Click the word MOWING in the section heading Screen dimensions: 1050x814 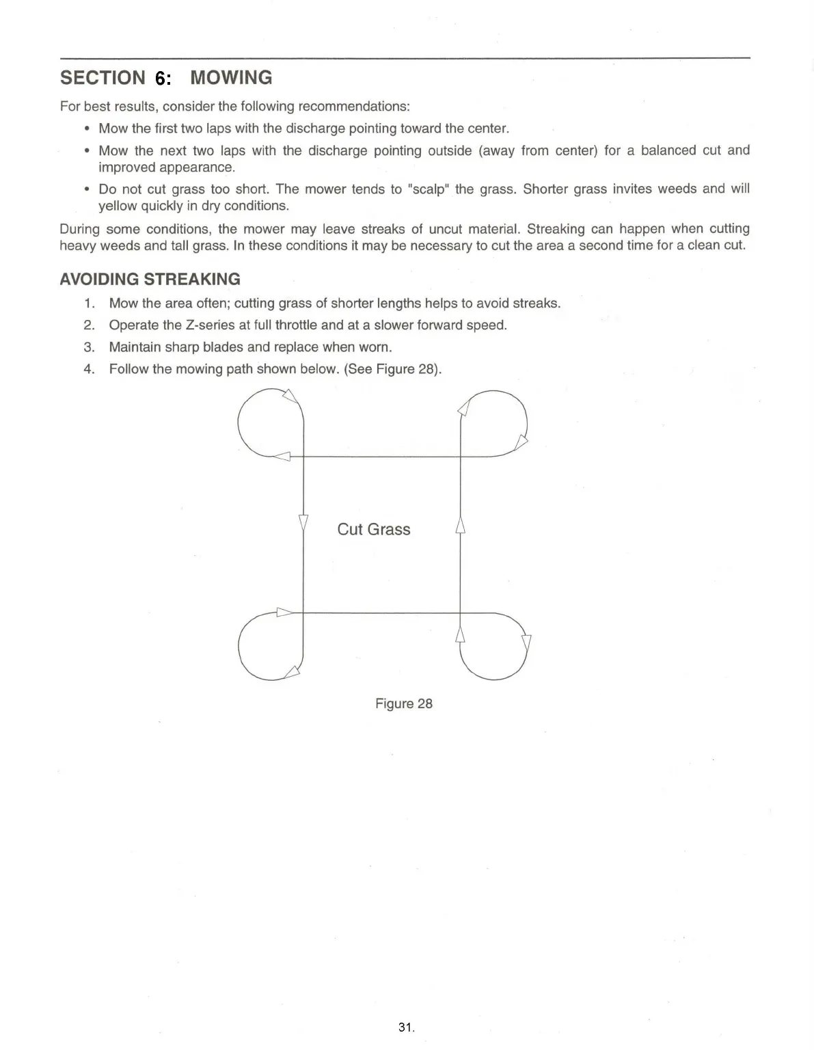[x=231, y=78]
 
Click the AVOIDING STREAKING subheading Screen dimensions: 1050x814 [x=150, y=279]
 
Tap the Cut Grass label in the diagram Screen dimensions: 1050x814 [x=373, y=529]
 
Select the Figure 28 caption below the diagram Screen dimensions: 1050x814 [x=403, y=703]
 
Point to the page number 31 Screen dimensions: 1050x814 [x=405, y=1027]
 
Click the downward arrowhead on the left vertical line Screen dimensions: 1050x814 [x=303, y=524]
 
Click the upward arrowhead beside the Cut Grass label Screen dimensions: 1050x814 [x=460, y=525]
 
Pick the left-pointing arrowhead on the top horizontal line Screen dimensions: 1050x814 [x=282, y=457]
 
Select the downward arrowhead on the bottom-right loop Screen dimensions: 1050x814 [x=526, y=644]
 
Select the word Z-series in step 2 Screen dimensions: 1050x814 [x=210, y=325]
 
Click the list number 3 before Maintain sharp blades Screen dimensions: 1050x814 [x=89, y=347]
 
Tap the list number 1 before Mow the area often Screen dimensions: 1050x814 [x=89, y=303]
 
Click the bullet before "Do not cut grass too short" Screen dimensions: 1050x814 [x=87, y=189]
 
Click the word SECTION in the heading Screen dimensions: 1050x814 [x=103, y=78]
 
